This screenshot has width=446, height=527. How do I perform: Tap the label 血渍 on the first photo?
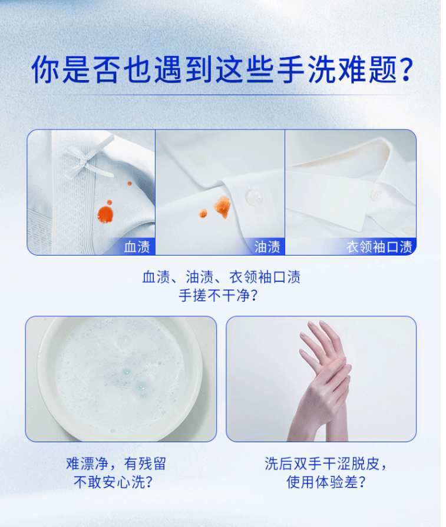click(137, 247)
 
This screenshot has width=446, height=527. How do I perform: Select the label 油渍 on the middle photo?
click(267, 247)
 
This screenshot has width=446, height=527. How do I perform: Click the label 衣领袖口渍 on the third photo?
click(379, 247)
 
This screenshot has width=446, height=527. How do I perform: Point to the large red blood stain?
click(105, 214)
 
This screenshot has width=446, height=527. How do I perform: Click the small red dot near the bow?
click(130, 184)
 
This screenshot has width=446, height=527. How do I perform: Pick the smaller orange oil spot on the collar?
click(203, 213)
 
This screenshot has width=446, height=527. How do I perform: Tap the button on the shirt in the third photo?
click(375, 194)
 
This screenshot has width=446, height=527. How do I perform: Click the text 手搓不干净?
click(218, 296)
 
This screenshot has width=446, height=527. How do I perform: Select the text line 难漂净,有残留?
click(115, 463)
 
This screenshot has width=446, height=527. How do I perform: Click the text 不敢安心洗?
click(113, 482)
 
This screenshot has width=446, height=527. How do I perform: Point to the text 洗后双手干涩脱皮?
click(322, 463)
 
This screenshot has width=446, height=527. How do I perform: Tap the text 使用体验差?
click(326, 482)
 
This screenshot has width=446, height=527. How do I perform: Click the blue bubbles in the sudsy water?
click(134, 379)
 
